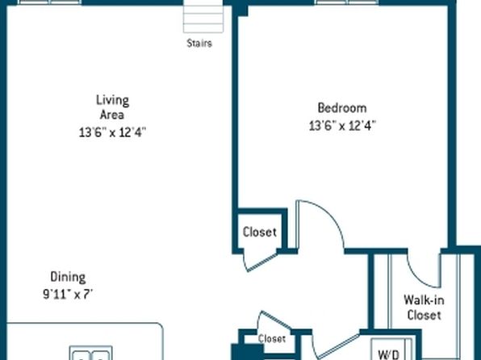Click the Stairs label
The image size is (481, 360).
199,44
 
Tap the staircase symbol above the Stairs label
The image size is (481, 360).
203,17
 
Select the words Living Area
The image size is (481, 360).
112,107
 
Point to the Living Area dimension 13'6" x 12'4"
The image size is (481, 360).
112,132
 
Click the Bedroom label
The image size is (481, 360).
342,108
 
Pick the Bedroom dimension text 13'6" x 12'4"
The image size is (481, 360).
342,126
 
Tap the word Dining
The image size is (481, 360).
68,277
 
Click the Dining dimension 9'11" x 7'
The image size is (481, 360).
68,295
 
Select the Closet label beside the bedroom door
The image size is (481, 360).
260,232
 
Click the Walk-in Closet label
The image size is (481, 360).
424,308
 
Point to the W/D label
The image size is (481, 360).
389,354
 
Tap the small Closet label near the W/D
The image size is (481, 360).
272,339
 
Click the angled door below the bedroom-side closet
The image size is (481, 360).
261,262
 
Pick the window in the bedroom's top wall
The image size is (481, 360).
347,2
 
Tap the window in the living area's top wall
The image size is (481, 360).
50,2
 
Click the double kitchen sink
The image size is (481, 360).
91,353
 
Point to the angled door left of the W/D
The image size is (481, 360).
337,345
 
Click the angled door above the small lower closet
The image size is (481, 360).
274,320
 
